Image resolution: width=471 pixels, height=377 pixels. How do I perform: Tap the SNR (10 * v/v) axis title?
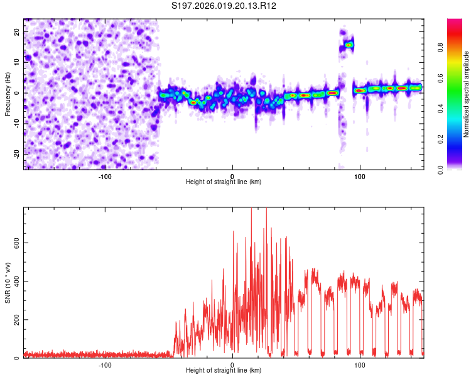click(x=8, y=283)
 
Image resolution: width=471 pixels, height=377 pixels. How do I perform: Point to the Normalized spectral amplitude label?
click(x=467, y=94)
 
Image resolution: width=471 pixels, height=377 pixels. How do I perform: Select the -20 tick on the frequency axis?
click(x=16, y=154)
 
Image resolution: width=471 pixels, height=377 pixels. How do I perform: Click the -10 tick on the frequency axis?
click(x=16, y=123)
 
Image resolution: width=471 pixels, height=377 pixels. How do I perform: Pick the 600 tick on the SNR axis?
click(x=15, y=243)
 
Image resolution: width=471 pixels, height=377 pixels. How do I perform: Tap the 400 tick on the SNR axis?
click(x=15, y=281)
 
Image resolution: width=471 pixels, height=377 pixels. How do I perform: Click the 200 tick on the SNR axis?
click(x=15, y=320)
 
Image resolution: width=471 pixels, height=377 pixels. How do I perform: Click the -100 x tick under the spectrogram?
click(x=104, y=177)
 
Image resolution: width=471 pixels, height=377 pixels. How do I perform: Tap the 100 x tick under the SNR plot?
click(x=360, y=364)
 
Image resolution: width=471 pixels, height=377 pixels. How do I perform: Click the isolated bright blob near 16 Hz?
click(x=349, y=45)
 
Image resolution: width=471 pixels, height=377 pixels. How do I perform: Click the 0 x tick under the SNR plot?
click(x=232, y=364)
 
